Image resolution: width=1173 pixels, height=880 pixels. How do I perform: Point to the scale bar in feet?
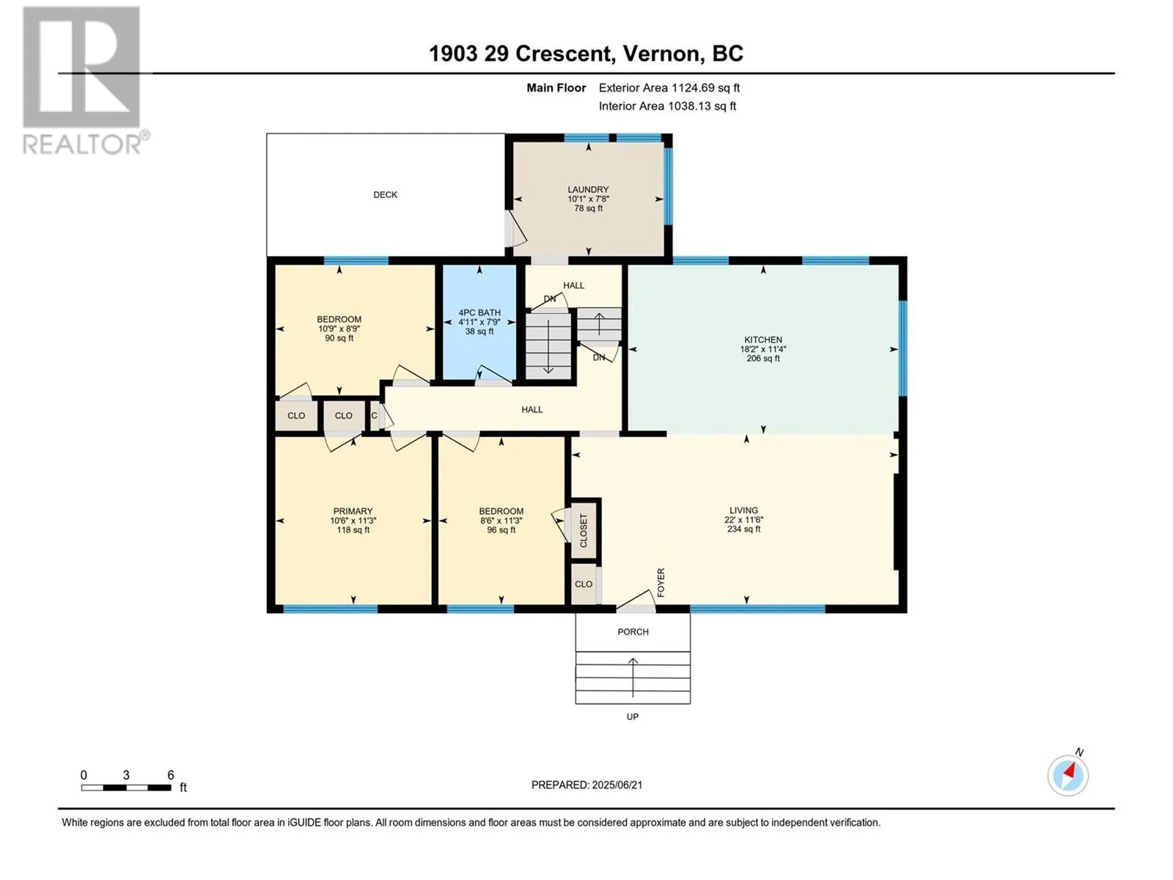126,787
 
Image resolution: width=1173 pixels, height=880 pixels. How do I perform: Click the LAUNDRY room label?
588,190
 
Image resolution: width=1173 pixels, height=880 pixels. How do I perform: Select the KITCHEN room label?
763,340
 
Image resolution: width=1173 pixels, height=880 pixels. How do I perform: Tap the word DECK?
385,195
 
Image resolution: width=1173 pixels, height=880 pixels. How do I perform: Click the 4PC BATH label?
479,312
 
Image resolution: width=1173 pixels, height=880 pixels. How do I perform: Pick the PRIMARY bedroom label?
353,511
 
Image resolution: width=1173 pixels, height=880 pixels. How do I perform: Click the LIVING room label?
743,510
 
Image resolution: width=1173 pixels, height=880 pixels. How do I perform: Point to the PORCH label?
633,631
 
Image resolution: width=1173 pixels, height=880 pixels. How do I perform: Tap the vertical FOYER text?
661,582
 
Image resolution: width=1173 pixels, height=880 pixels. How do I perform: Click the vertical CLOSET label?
584,530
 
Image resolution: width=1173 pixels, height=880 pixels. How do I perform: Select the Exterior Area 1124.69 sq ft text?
669,87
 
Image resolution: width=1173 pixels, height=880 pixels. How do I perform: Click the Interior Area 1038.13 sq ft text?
667,106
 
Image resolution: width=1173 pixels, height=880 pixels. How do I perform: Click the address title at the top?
586,54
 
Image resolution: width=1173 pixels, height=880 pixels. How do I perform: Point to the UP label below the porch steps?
632,716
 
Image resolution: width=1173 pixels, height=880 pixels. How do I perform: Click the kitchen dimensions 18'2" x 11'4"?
763,350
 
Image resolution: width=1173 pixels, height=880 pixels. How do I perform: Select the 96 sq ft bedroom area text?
501,530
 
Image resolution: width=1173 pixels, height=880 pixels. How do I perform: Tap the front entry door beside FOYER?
636,601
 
